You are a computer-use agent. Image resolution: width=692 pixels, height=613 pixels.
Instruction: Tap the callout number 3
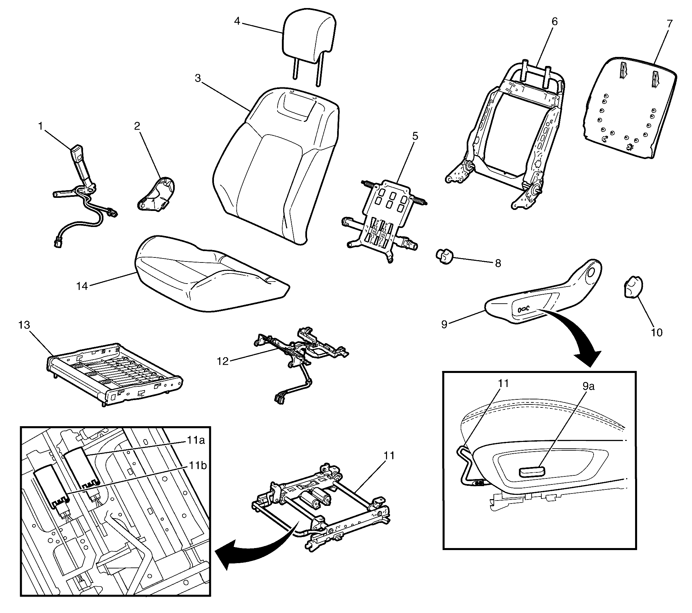click(x=198, y=79)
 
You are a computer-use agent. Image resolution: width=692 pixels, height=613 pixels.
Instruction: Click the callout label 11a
click(x=196, y=440)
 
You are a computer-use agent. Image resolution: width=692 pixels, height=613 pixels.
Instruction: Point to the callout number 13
click(x=24, y=325)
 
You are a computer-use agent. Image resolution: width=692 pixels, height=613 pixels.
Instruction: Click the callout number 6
click(x=554, y=21)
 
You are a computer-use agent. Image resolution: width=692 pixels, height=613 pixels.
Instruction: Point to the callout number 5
click(x=415, y=136)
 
